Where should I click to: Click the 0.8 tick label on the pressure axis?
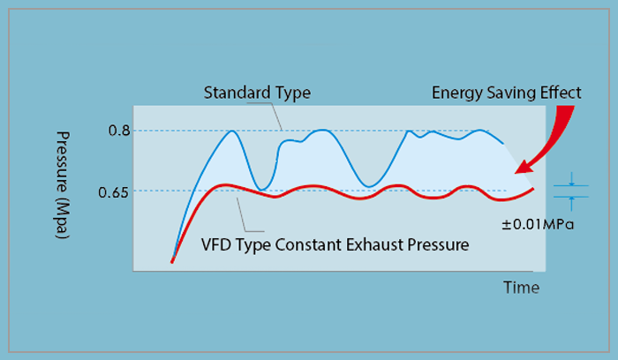tap(119, 131)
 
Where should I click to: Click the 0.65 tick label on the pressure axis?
tap(114, 192)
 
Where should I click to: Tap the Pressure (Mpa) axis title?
tap(63, 184)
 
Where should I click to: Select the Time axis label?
tap(521, 288)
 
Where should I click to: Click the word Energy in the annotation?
tap(457, 94)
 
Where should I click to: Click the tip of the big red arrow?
tap(516, 173)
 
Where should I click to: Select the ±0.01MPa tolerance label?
tap(538, 224)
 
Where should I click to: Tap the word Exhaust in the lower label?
tap(374, 244)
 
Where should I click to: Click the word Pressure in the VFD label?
tap(438, 244)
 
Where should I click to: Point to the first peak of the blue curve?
tap(232, 131)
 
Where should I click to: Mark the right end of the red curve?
tap(533, 189)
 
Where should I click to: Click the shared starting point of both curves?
tap(172, 261)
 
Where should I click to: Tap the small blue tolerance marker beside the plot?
tap(571, 191)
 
